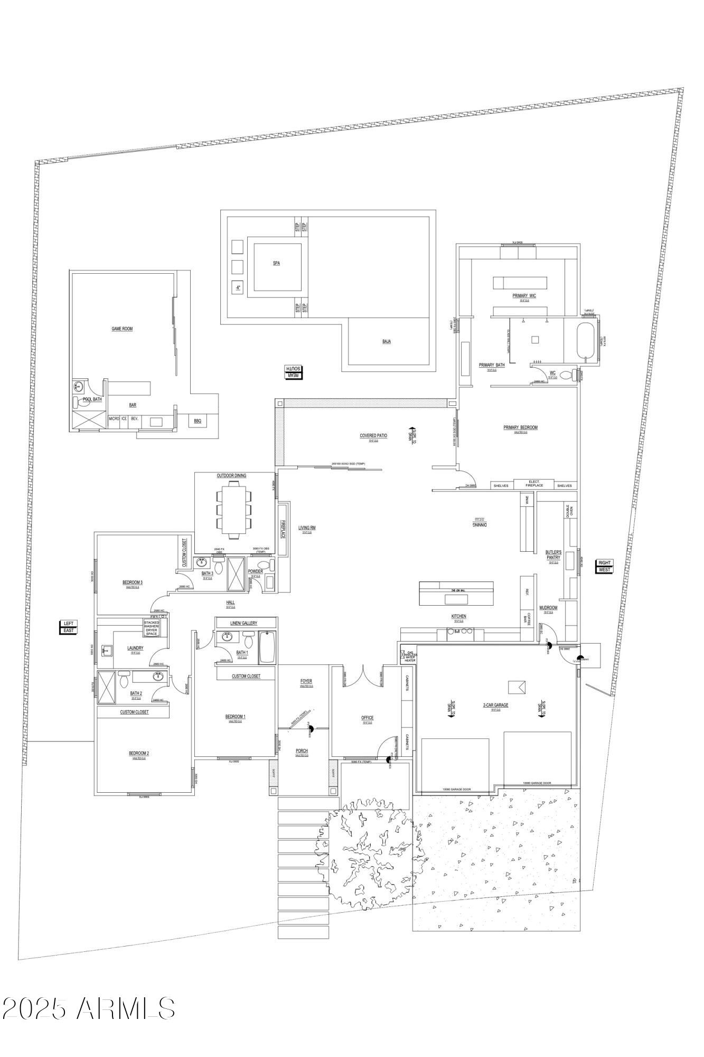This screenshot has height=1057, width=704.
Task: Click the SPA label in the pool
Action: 276,263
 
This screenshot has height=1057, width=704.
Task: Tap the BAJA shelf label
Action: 387,342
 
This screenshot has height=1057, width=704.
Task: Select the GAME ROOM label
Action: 122,329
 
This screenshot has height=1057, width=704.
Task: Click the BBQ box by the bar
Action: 198,421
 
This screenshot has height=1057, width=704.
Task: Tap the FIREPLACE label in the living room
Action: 283,529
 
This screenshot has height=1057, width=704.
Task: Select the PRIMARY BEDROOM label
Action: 520,428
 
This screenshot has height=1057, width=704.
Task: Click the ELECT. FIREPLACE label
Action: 534,484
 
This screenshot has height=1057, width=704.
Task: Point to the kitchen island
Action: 456,593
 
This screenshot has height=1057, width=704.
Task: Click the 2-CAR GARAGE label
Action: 495,705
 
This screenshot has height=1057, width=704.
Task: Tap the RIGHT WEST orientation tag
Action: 604,566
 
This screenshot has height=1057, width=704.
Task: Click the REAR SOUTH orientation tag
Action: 293,372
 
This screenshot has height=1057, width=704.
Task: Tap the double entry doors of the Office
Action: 363,676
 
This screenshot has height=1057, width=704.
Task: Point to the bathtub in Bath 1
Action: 267,647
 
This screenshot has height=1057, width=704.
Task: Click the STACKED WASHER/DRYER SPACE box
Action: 152,628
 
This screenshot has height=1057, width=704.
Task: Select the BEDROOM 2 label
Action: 139,754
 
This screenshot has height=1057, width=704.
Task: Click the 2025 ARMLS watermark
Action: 88,1009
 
